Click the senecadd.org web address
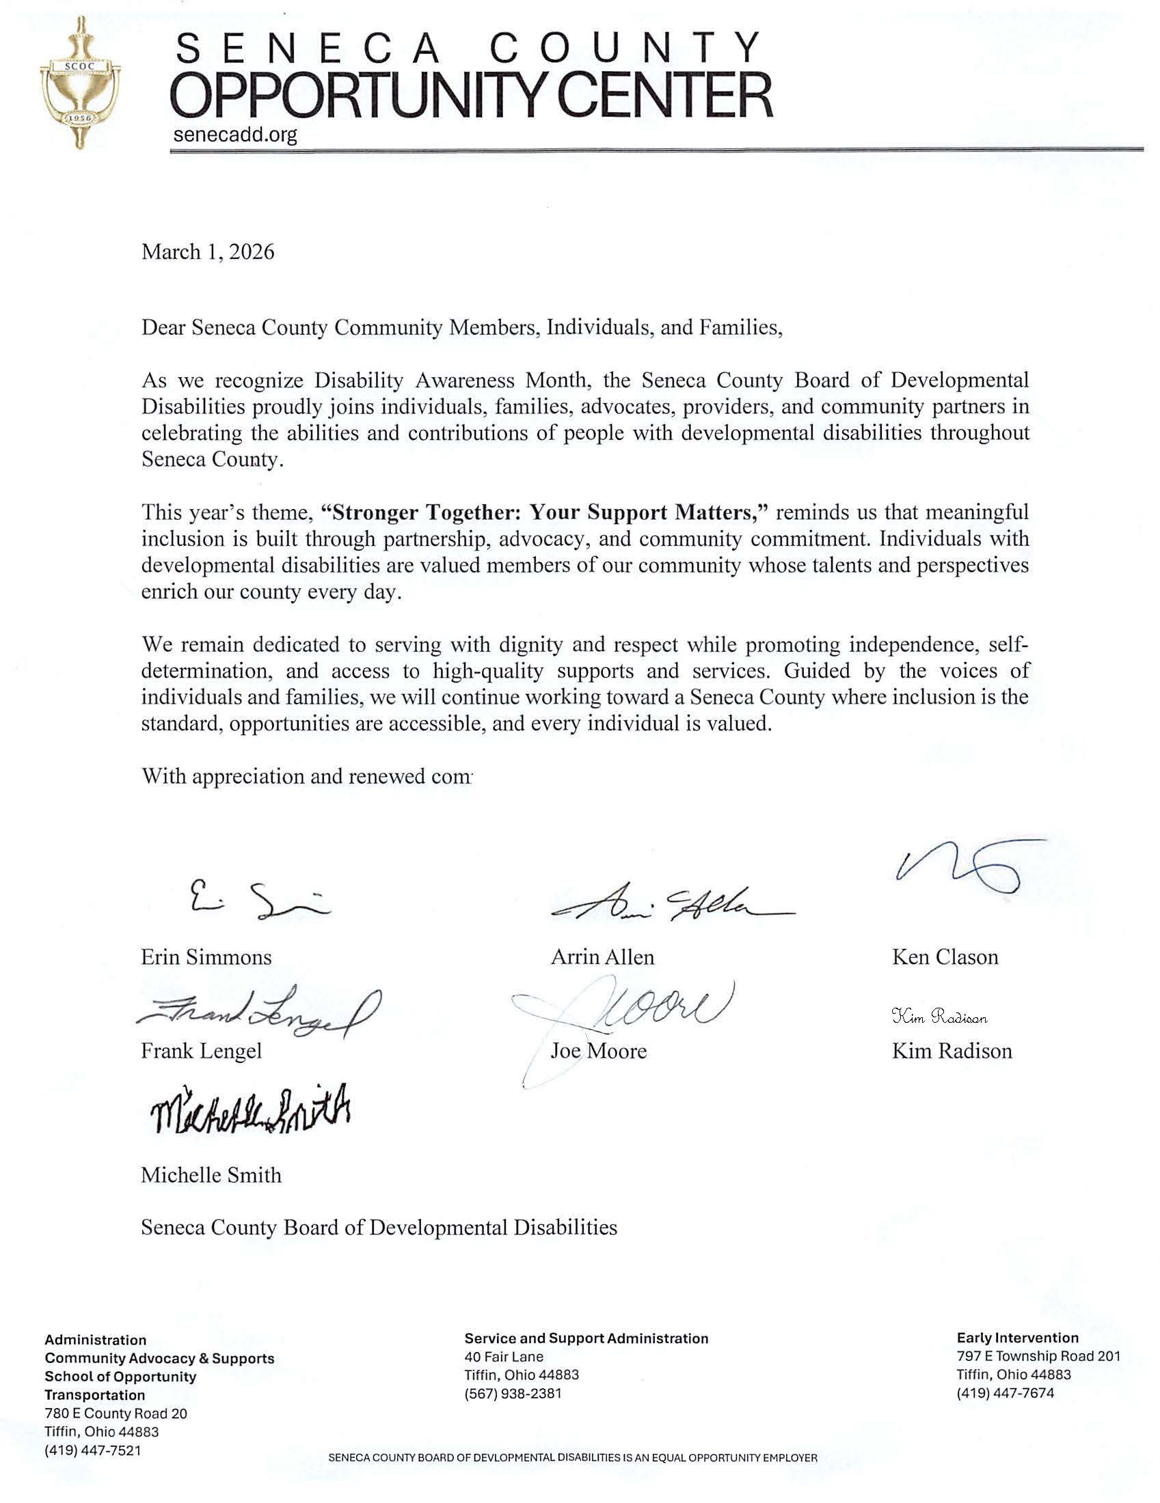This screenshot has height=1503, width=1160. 234,134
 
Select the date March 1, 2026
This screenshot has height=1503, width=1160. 207,252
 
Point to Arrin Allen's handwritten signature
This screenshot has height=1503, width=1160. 671,902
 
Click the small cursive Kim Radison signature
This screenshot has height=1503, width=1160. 939,1017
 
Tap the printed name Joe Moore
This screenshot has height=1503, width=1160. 597,1051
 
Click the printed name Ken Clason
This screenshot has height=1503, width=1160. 945,957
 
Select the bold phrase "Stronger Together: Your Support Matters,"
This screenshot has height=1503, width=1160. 544,512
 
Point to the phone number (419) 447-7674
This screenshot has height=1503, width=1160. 1004,1394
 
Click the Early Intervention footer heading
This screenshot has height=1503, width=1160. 1017,1338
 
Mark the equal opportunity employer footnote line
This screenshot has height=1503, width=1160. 573,1477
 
